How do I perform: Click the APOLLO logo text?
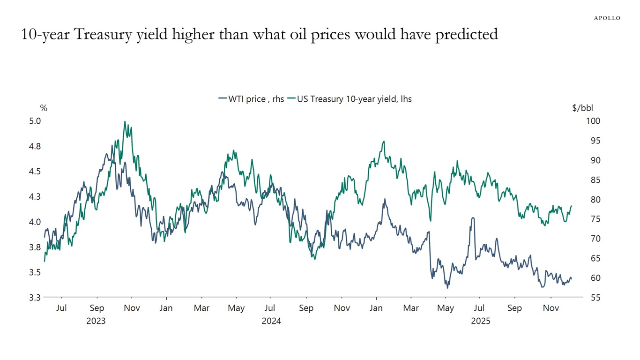(607, 18)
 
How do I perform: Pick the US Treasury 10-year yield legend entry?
(349, 99)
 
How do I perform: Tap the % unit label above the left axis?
(44, 108)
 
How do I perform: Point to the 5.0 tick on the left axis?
(36, 121)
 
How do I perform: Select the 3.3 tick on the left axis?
(36, 297)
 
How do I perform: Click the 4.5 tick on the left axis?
(36, 172)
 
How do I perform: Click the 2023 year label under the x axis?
(96, 321)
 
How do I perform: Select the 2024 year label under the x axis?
(271, 321)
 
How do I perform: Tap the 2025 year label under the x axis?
(480, 321)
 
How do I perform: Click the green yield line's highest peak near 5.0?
(125, 122)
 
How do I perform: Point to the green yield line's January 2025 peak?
(384, 141)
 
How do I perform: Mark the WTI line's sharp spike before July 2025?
(473, 218)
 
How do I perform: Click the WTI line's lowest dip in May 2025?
(447, 287)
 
